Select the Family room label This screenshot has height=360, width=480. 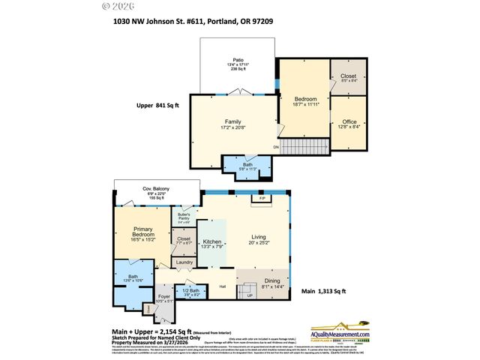[x=233, y=121]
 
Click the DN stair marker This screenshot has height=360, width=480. [x=275, y=147]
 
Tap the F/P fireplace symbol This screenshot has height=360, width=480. [x=262, y=199]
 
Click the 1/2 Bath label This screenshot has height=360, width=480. [x=190, y=290]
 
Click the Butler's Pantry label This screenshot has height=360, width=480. [x=184, y=217]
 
